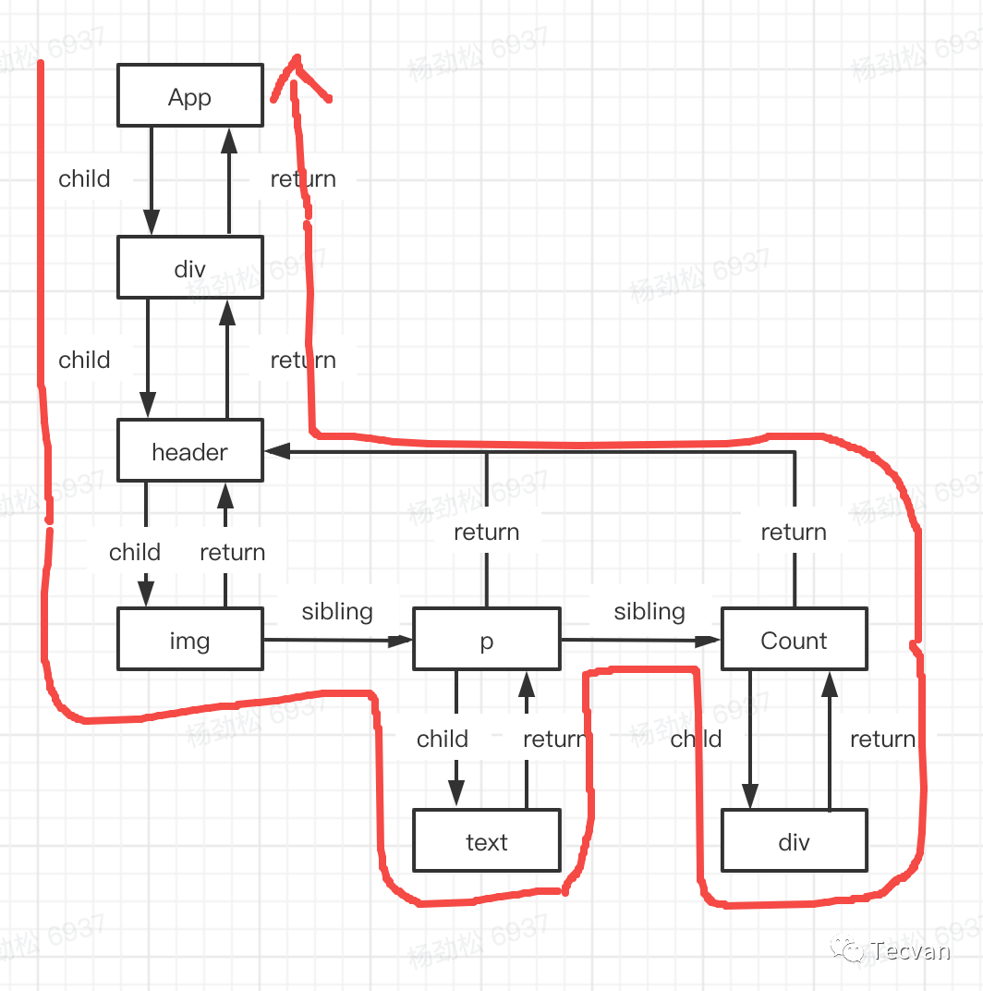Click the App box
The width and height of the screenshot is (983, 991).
190,95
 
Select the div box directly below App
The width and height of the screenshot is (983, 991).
190,268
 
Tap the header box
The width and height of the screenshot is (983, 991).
190,451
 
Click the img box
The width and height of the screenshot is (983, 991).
190,640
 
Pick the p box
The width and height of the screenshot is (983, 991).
487,640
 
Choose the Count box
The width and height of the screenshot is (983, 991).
794,640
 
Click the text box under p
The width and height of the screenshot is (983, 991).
487,841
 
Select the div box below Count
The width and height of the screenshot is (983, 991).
794,841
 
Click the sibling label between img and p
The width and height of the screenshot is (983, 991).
337,611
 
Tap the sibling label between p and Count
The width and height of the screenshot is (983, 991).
649,611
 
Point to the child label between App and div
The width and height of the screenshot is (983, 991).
84,178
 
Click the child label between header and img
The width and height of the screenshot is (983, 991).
135,552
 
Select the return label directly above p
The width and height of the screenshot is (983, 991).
487,532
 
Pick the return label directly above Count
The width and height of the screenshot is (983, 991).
794,532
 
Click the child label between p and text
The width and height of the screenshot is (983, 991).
443,739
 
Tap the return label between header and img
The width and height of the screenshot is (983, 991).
233,552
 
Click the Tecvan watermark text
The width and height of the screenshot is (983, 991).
909,949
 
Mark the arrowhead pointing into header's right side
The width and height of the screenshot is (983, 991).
275,451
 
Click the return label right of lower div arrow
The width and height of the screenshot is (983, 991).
882,739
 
